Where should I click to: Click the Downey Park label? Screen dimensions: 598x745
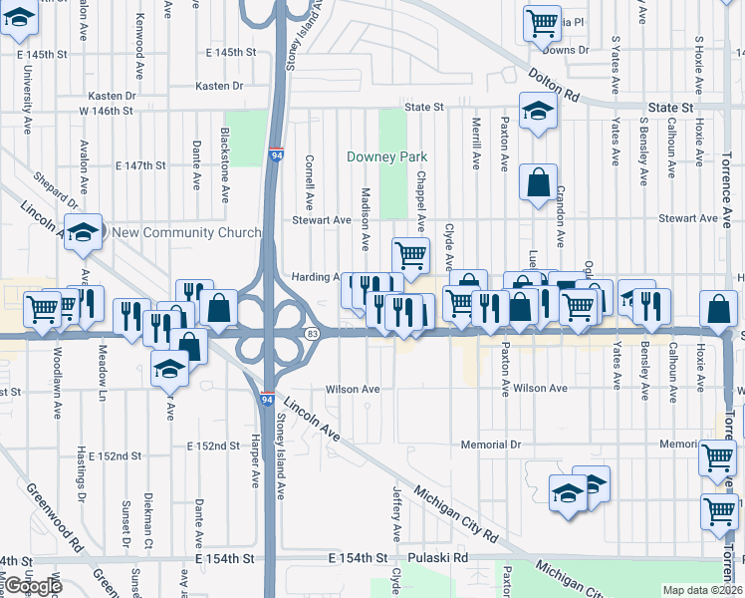(x=386, y=156)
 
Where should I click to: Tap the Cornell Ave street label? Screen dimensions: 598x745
(x=311, y=175)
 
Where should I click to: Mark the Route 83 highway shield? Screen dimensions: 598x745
(x=313, y=333)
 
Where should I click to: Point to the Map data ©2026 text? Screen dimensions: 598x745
(x=702, y=590)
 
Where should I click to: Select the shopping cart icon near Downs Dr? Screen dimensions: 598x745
(x=542, y=22)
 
